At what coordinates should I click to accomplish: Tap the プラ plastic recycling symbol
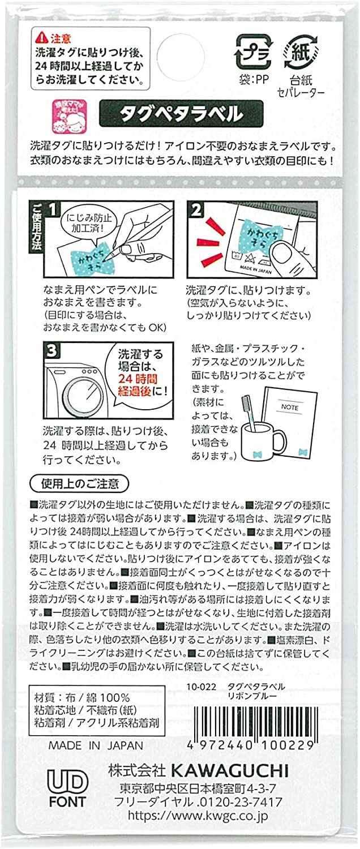tap(254, 52)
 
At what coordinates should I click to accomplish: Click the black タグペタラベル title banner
tap(181, 113)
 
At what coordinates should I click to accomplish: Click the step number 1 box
tap(53, 209)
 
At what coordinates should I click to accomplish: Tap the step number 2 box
tap(196, 209)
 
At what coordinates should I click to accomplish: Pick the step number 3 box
tap(52, 350)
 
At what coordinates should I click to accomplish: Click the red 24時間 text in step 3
tap(138, 378)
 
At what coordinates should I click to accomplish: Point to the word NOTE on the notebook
tap(290, 407)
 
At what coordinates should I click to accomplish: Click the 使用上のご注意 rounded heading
tap(80, 483)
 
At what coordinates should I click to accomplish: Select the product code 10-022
tap(201, 687)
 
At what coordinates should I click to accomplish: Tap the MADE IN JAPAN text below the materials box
tap(96, 745)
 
